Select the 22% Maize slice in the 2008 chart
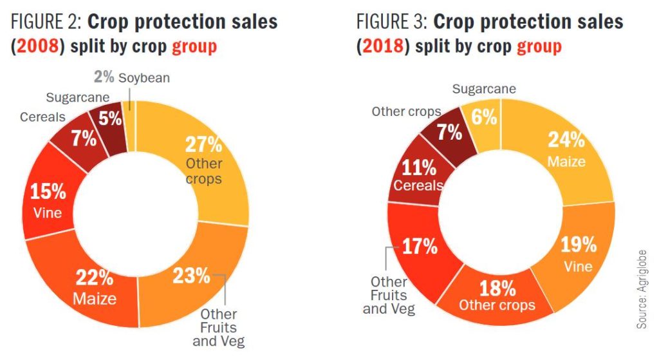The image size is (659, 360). click(95, 288)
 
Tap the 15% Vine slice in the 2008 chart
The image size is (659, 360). click(49, 200)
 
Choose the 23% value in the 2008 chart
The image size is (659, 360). click(190, 276)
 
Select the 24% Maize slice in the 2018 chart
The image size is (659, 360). click(566, 148)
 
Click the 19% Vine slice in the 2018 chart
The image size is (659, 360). click(577, 254)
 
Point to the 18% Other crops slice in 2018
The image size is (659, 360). click(497, 295)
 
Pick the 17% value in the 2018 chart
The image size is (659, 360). click(419, 246)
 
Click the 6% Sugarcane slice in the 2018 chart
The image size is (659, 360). click(483, 117)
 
